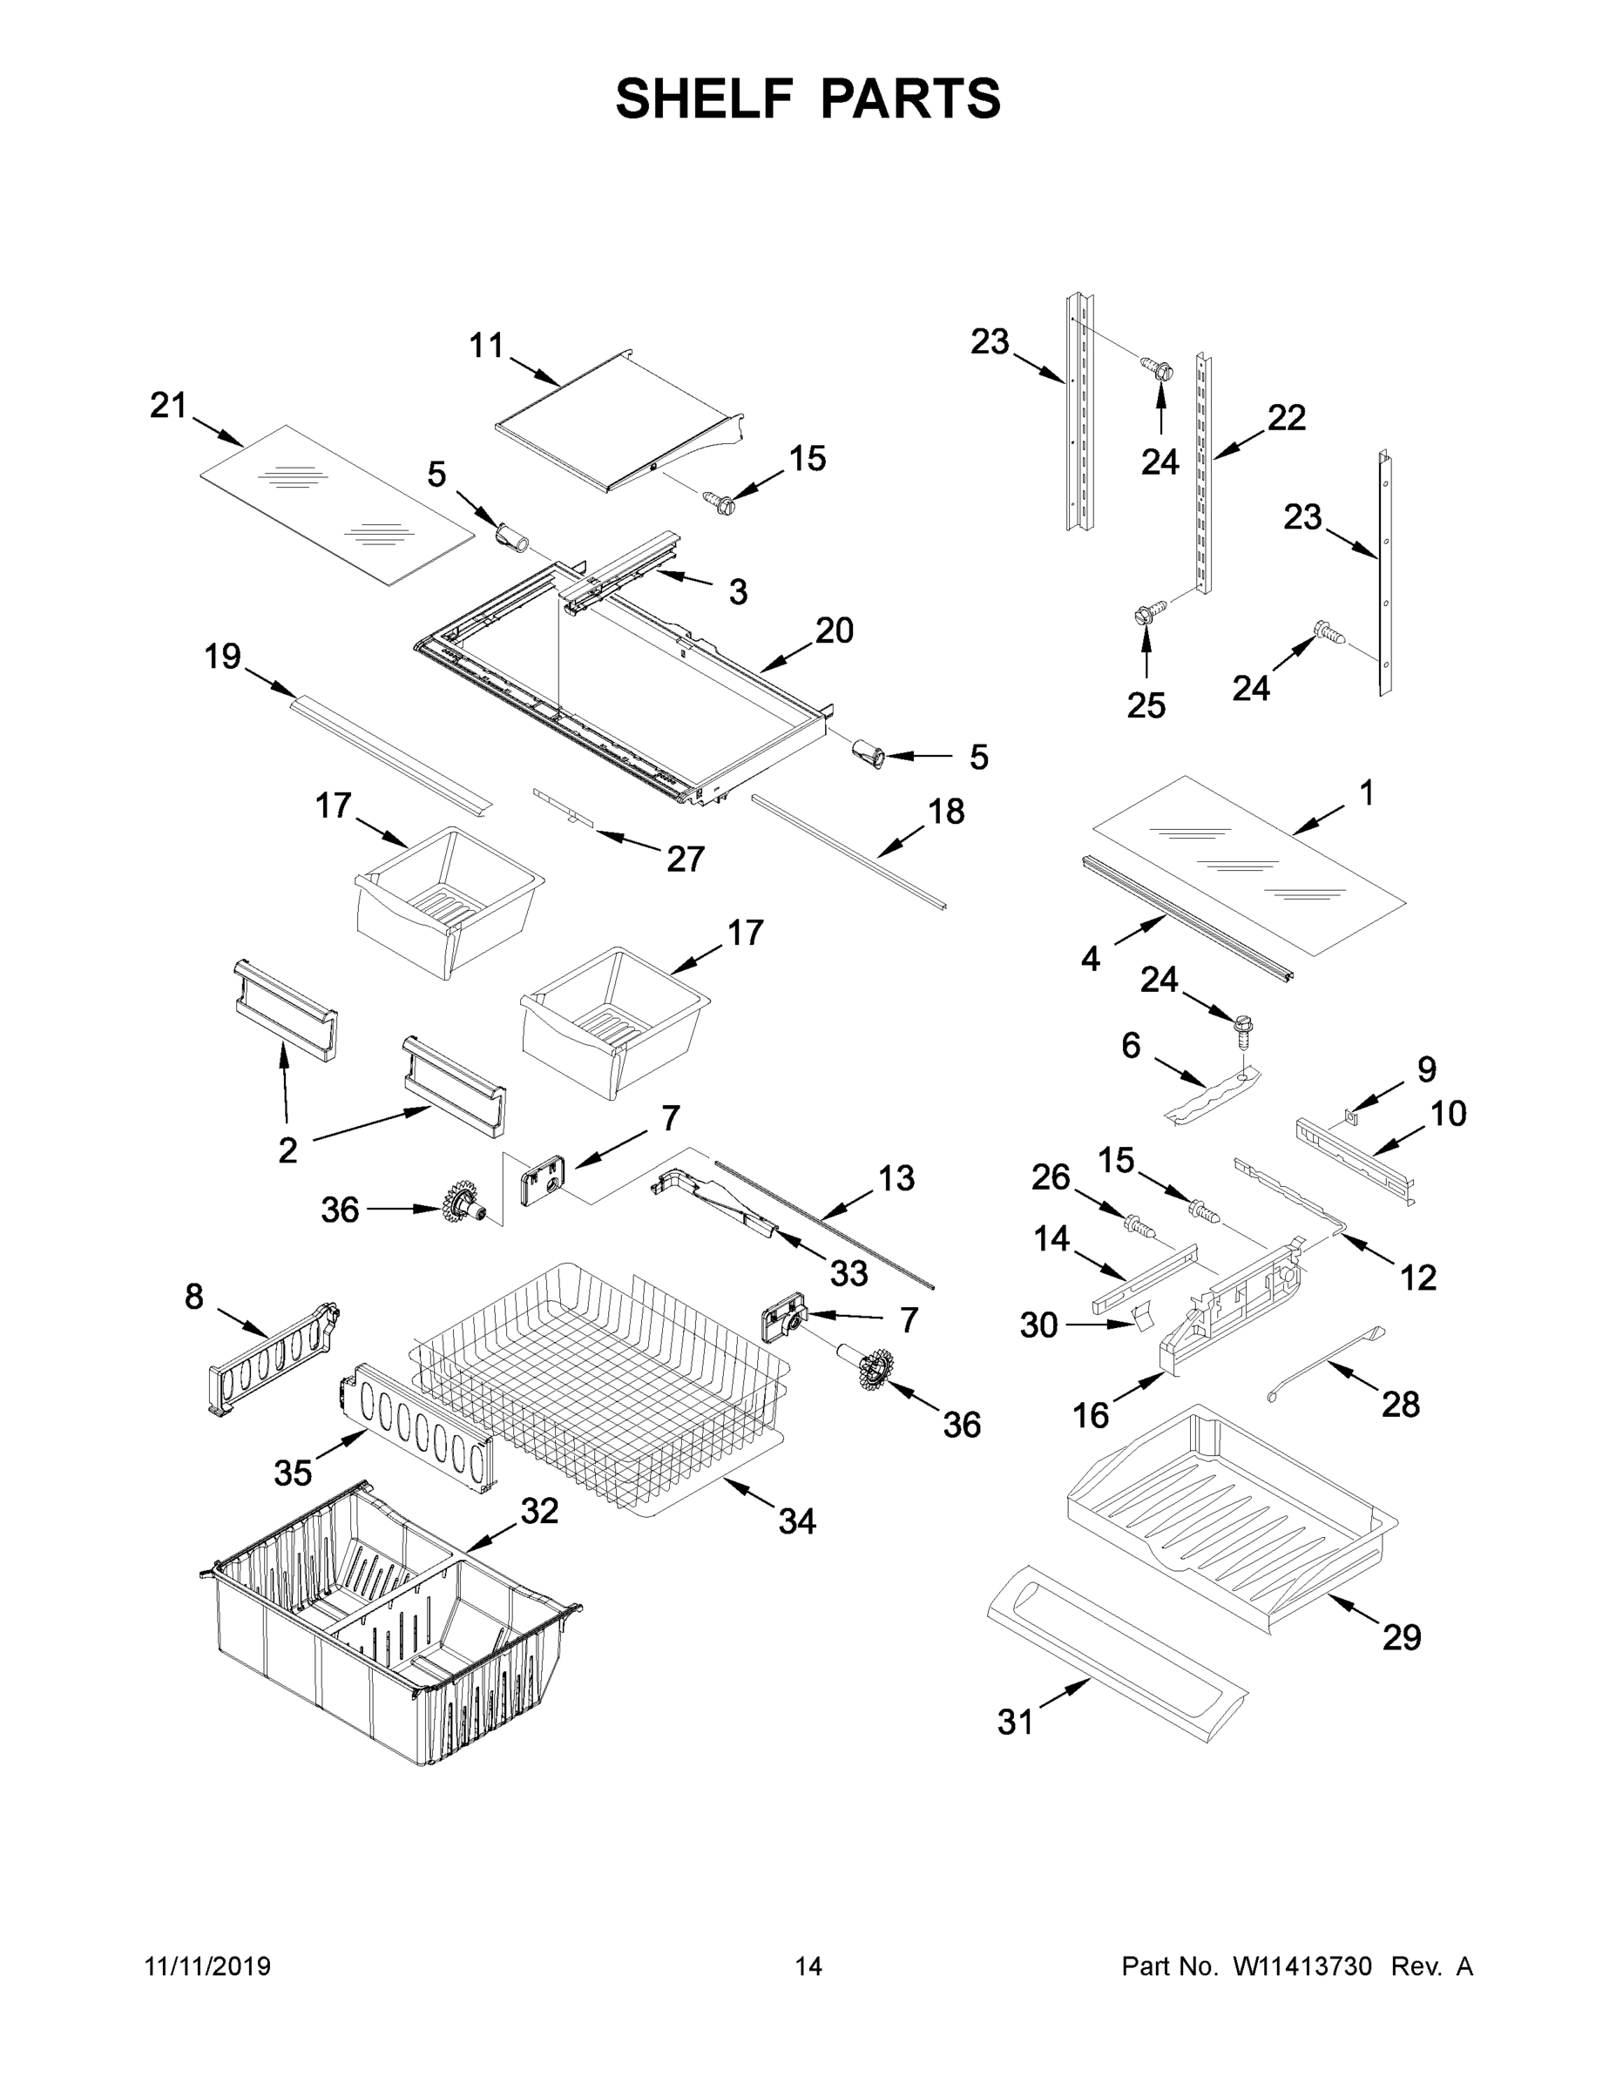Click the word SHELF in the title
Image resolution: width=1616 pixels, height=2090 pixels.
click(x=705, y=98)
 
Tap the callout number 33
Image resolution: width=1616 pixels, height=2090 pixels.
click(x=849, y=1273)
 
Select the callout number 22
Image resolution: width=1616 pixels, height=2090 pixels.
click(x=1287, y=417)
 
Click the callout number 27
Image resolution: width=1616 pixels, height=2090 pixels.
click(x=686, y=860)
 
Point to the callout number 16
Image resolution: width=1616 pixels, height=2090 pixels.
click(x=1091, y=1414)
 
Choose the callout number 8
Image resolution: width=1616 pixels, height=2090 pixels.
click(x=194, y=1297)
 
